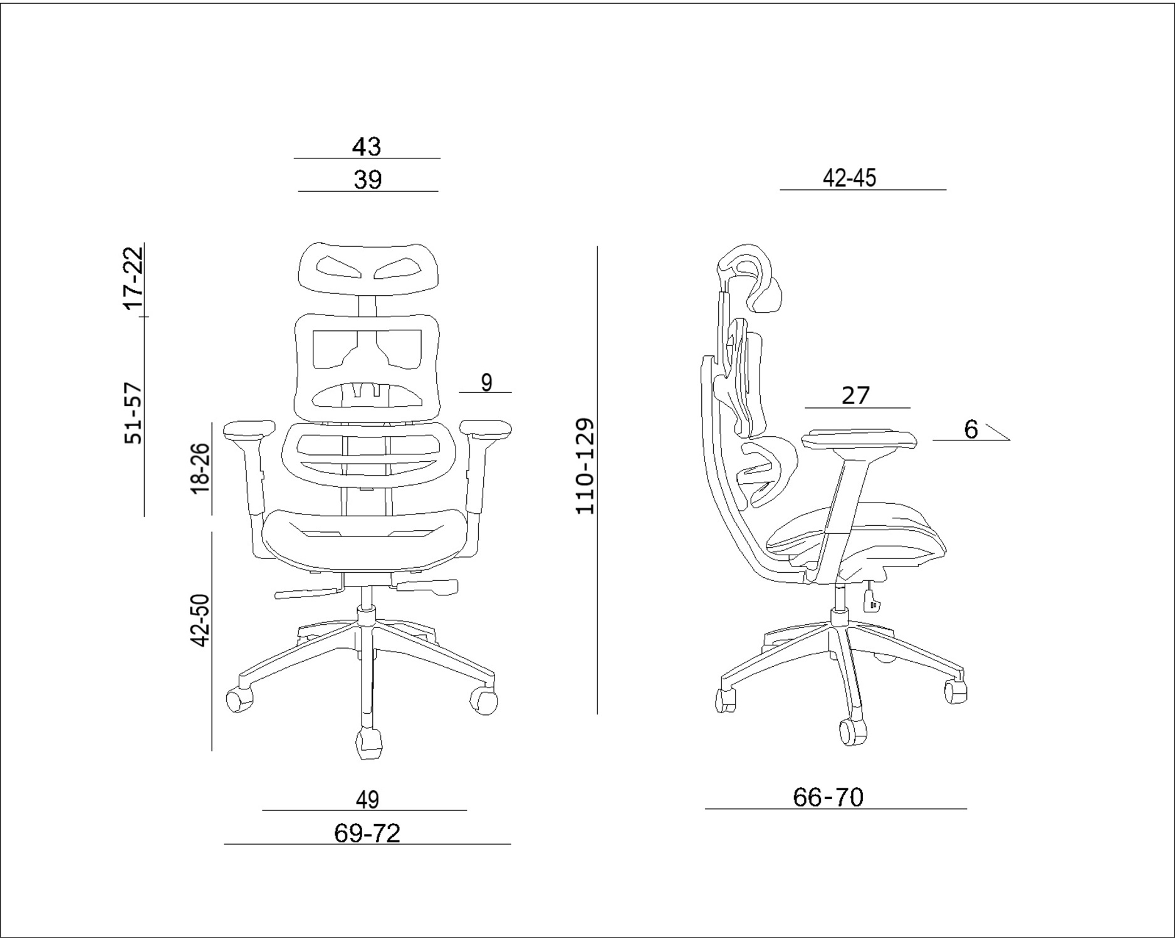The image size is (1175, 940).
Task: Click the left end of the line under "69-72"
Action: coord(224,844)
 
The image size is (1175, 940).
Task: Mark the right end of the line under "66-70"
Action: coord(966,809)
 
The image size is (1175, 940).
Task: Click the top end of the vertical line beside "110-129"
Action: coord(597,247)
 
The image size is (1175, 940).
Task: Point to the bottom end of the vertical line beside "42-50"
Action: coord(212,750)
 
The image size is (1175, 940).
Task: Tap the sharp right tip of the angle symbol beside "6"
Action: coord(1010,440)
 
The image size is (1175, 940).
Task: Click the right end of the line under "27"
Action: coord(910,408)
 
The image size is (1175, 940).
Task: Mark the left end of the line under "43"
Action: coord(295,159)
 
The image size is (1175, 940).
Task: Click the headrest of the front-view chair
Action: coord(367,267)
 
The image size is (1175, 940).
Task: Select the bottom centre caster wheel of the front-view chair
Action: coord(368,743)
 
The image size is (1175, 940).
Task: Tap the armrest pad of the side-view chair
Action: coord(859,438)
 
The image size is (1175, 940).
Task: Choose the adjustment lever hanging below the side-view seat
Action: coord(871,597)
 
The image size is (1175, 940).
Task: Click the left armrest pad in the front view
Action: coord(249,429)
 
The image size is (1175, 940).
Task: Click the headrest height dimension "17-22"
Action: coord(133,278)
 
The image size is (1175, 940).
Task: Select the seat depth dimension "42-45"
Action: coord(849,178)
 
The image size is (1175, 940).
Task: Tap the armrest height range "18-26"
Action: coord(200,469)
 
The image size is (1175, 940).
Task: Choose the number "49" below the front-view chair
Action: coord(367,800)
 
